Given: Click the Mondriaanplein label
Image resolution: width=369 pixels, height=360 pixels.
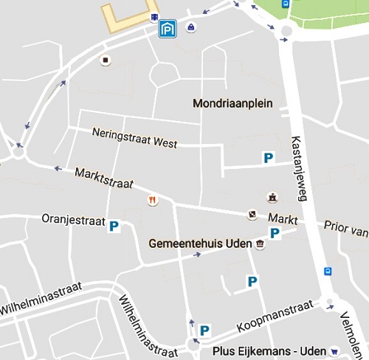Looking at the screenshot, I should tap(232, 104).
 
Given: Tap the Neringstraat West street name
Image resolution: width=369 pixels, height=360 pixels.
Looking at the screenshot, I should tap(135, 138).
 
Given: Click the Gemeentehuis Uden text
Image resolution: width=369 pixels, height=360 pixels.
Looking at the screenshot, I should tap(200, 243).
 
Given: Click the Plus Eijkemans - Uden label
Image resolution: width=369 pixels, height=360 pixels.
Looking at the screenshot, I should tap(269, 350).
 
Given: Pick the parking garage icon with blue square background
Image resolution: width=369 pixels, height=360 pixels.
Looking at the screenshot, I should tap(168, 29).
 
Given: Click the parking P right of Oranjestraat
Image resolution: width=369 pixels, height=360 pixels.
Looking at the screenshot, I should tap(114, 226).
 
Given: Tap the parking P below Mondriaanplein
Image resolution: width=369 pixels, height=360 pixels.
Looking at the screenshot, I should tap(269, 158).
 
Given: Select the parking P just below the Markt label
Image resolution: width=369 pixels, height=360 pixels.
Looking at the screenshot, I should tap(275, 234).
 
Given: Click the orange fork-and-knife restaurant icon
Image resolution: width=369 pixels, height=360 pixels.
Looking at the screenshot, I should tap(153, 199).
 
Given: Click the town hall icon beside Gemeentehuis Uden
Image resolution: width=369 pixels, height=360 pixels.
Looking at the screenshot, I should tap(260, 243).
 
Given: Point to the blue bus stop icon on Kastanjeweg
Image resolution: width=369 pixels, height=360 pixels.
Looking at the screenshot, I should tap(328, 271).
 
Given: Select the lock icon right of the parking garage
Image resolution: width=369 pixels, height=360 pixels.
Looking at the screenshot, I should tap(191, 28).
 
